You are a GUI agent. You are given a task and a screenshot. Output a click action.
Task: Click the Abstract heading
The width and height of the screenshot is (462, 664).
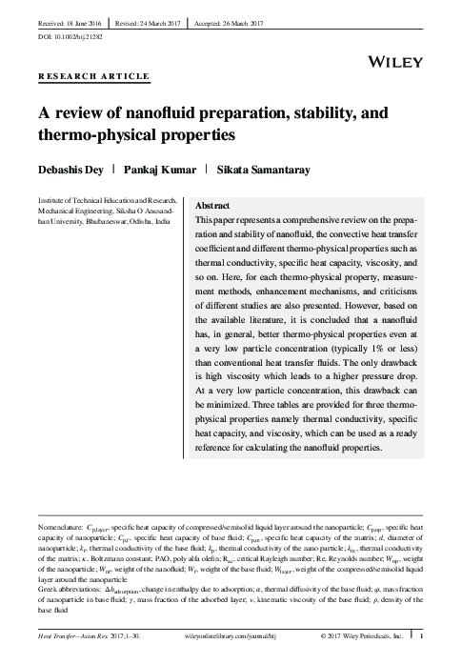[211, 206]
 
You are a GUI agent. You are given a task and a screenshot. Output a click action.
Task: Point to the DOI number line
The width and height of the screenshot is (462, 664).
[69, 35]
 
